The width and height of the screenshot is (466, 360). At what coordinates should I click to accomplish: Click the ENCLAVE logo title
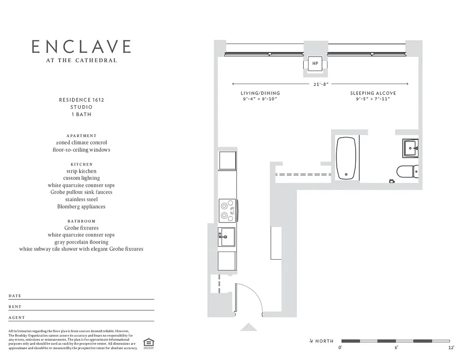81,47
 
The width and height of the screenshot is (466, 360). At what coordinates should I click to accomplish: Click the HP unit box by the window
315,63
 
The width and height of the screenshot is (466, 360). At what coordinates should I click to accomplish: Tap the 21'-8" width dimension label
320,84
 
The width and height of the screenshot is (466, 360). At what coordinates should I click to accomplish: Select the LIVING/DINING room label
260,93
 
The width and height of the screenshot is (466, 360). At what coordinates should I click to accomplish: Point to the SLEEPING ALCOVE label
373,93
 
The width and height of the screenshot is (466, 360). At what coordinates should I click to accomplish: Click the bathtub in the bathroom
346,158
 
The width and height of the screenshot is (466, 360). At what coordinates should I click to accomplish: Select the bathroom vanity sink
410,148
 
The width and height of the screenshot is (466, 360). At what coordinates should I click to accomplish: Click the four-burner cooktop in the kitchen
228,211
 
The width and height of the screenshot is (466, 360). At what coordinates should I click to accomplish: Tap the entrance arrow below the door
248,328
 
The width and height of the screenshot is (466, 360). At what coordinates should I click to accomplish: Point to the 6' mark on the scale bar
396,348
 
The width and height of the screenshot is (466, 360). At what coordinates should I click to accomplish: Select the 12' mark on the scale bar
451,348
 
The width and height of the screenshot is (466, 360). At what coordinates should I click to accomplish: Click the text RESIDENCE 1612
81,100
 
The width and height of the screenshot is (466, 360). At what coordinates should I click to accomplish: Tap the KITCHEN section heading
81,164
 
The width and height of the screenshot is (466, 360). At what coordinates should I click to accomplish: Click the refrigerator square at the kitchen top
227,160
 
